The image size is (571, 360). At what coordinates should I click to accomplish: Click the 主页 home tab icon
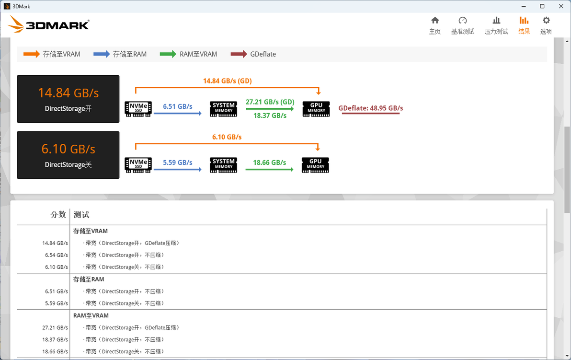[435, 21]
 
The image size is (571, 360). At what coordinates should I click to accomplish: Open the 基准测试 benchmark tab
[462, 25]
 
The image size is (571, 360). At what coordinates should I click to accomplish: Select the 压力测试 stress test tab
[496, 25]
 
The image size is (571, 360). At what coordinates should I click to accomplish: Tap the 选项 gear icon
[546, 21]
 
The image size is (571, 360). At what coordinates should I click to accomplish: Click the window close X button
[561, 6]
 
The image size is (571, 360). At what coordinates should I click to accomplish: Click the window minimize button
[524, 6]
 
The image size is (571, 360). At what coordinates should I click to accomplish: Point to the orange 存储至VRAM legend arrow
[32, 54]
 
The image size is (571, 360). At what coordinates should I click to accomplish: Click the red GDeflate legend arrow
[239, 54]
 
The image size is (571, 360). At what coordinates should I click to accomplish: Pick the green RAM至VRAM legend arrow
[168, 54]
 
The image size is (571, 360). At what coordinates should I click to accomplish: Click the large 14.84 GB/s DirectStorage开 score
[69, 93]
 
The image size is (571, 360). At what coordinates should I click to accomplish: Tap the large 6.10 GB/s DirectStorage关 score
[68, 149]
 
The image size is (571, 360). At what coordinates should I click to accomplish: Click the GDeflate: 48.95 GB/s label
[371, 108]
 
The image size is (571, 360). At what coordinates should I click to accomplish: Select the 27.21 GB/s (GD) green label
[270, 102]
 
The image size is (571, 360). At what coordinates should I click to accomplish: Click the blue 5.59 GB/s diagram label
[177, 163]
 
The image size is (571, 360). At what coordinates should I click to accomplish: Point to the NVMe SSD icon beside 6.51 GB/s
[138, 109]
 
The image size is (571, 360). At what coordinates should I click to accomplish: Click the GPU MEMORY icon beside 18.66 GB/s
[315, 165]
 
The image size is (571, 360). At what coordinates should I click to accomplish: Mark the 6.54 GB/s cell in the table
[57, 255]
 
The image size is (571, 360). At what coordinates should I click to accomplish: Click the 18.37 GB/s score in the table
[55, 339]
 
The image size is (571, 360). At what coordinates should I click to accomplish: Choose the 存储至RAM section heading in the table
[89, 279]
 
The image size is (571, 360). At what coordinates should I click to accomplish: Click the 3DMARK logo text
[57, 25]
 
